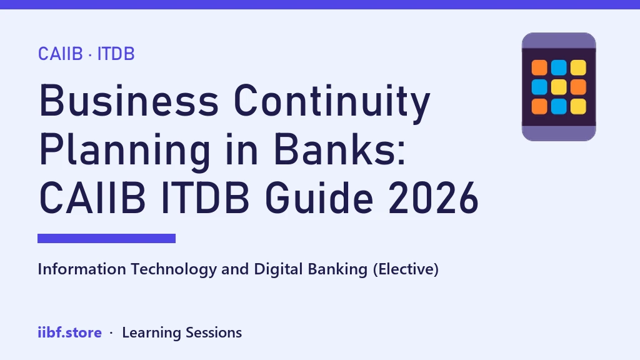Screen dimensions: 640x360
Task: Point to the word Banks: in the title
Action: (339, 149)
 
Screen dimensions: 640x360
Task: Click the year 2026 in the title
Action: (433, 198)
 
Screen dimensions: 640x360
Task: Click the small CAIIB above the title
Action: (61, 54)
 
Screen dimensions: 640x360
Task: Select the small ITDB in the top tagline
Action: (116, 54)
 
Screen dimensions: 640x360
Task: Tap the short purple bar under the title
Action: (106, 238)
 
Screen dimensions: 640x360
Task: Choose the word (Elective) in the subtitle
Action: (406, 269)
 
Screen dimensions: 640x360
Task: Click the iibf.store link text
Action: (70, 332)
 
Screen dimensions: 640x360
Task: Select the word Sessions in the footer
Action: (214, 332)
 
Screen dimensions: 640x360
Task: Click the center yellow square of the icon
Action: (559, 87)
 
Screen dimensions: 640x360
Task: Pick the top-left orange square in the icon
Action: (539, 67)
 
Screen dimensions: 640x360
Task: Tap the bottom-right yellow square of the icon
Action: (578, 106)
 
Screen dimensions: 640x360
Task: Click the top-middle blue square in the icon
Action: (559, 67)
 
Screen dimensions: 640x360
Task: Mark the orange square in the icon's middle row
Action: (578, 87)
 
